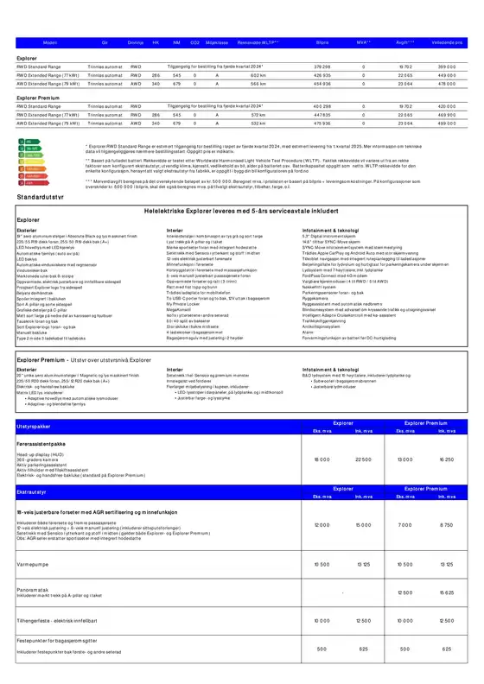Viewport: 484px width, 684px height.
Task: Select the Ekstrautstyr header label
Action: coord(31,491)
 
